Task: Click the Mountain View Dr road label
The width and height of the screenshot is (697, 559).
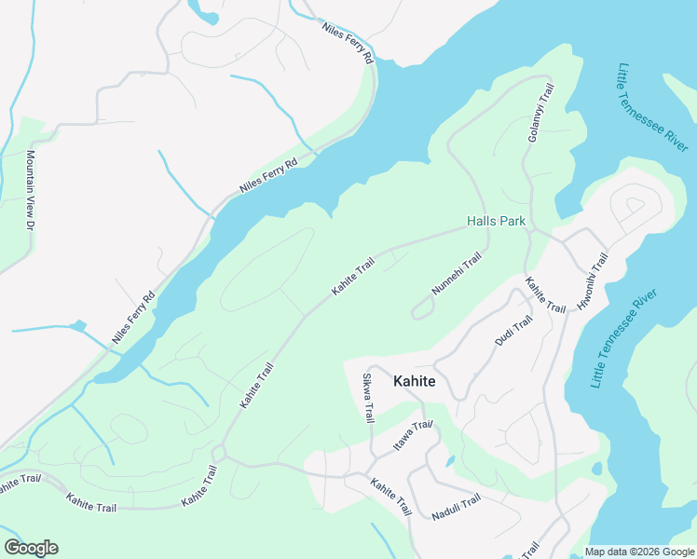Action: [30, 191]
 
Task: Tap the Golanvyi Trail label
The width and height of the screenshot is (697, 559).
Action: [541, 113]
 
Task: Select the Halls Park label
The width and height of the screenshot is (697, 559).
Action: [496, 222]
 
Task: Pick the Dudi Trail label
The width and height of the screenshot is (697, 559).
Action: [513, 331]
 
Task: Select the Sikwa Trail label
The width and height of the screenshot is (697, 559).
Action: [367, 399]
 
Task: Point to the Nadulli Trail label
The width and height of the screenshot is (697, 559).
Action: [456, 508]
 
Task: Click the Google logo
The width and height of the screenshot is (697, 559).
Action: [31, 548]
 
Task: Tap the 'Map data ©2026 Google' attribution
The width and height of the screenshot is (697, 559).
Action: [639, 552]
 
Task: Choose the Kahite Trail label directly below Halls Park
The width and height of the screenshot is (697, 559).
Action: [545, 295]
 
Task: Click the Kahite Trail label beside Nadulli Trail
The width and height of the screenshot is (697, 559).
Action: [390, 498]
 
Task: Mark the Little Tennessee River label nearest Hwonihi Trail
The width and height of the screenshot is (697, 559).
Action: [624, 339]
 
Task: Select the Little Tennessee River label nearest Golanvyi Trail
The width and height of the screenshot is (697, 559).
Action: [652, 107]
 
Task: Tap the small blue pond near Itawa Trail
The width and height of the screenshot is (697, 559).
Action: [449, 460]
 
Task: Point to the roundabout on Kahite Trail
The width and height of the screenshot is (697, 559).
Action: [219, 453]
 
